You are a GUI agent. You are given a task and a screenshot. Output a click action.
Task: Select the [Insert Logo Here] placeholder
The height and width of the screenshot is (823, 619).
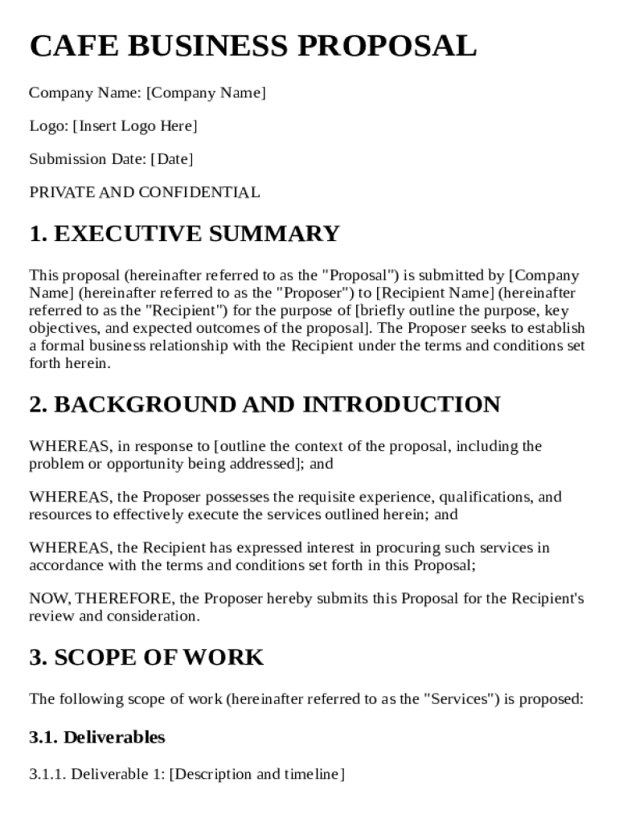(134, 126)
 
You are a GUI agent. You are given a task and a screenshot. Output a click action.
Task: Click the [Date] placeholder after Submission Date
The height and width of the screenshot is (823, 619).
(172, 159)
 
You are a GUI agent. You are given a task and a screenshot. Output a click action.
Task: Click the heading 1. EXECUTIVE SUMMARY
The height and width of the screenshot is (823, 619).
(184, 234)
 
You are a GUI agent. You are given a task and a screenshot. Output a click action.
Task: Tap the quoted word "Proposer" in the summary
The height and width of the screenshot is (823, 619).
(308, 293)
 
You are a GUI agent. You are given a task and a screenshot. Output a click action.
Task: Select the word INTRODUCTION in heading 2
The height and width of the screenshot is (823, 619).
(401, 404)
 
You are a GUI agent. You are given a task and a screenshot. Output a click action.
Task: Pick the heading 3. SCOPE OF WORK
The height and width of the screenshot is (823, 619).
(146, 657)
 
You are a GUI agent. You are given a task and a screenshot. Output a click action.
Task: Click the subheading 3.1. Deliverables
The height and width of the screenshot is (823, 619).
(97, 737)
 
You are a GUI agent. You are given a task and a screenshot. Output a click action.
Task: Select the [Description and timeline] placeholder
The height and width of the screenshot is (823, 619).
(257, 775)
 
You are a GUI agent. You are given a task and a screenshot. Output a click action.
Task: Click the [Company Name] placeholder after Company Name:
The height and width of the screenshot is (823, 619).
(206, 93)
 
